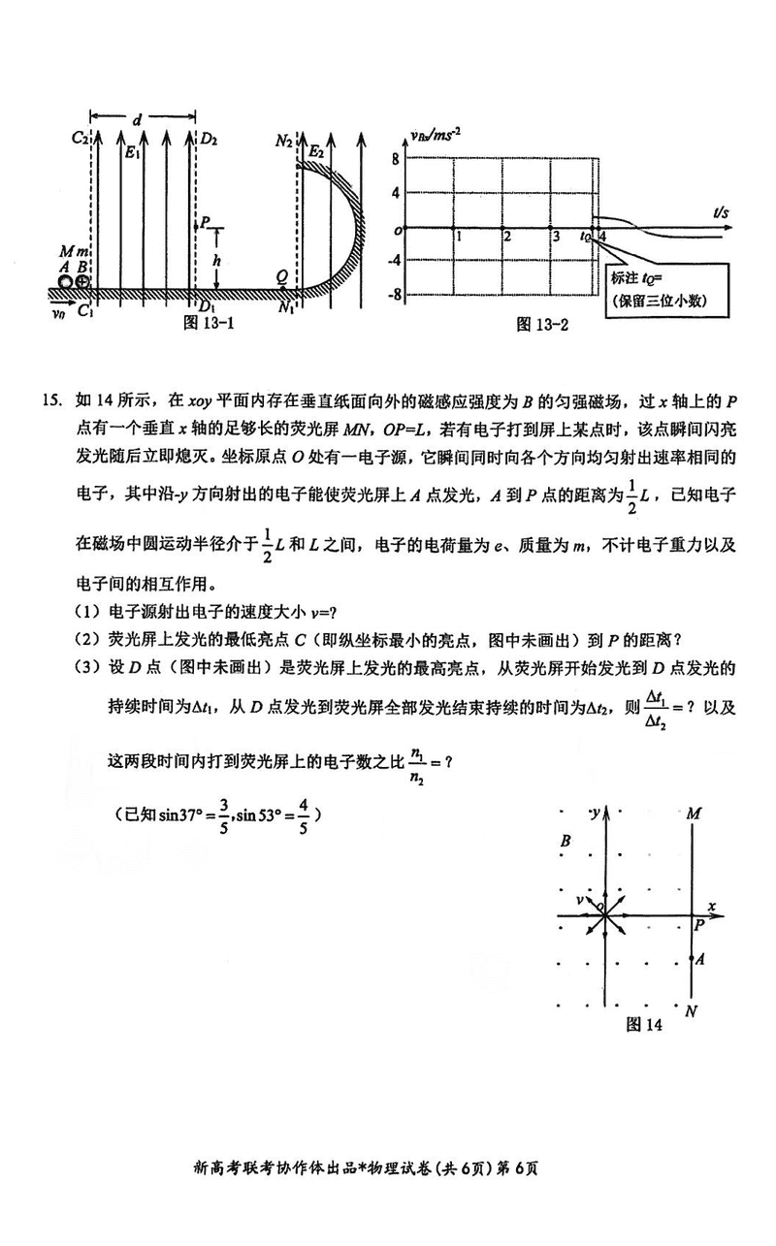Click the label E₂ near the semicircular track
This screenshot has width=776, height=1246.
[x=315, y=152]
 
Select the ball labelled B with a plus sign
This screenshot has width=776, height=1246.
[x=83, y=282]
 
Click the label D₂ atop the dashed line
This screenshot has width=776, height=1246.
[x=209, y=138]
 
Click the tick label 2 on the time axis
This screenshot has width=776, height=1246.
[x=504, y=237]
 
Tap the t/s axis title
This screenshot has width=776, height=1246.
[x=722, y=211]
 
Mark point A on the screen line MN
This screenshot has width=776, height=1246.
[x=691, y=959]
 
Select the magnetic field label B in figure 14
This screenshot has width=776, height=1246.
[x=565, y=841]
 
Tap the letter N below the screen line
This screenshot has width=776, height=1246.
[x=692, y=1012]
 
